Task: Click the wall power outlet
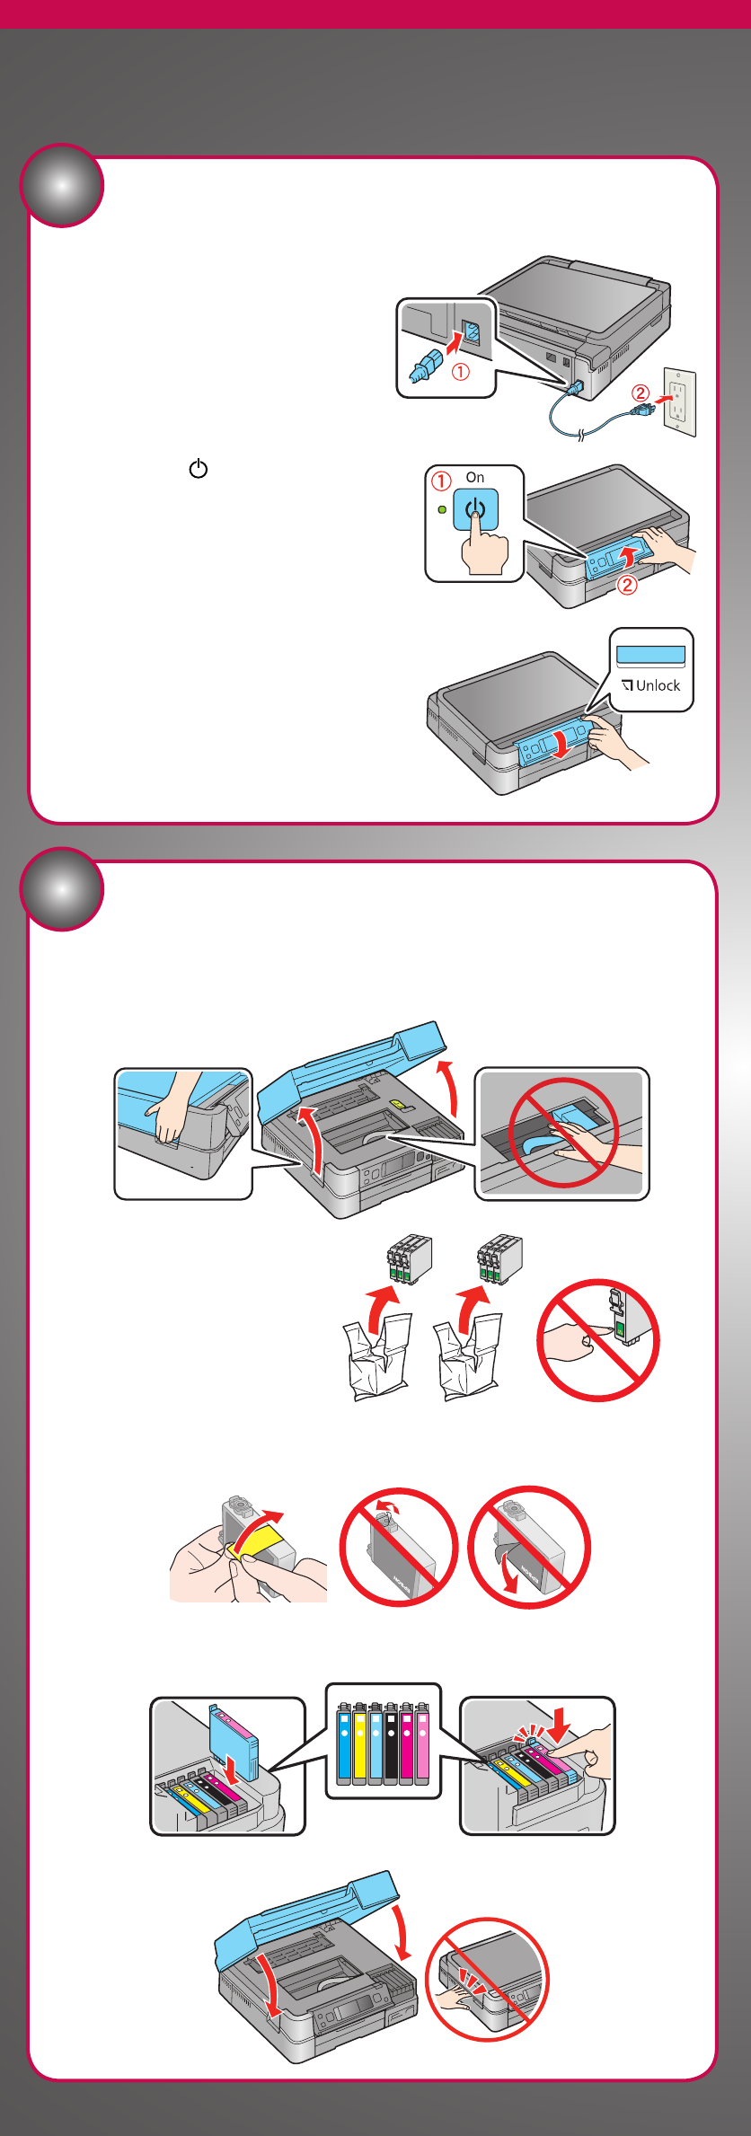[679, 402]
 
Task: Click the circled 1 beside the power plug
[460, 371]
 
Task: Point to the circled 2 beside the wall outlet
[640, 393]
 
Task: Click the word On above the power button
[475, 478]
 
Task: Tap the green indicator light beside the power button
[441, 510]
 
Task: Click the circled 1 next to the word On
[441, 481]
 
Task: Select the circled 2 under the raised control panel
[627, 586]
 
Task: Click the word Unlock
[658, 686]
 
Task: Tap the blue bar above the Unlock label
[651, 654]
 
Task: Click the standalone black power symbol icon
[199, 469]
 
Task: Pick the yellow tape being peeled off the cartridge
[260, 1541]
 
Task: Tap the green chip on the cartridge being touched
[619, 1327]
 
